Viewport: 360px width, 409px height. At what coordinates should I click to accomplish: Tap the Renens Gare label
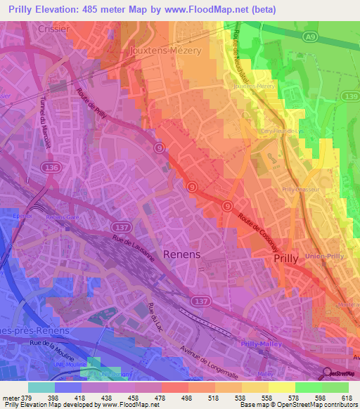(64, 217)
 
